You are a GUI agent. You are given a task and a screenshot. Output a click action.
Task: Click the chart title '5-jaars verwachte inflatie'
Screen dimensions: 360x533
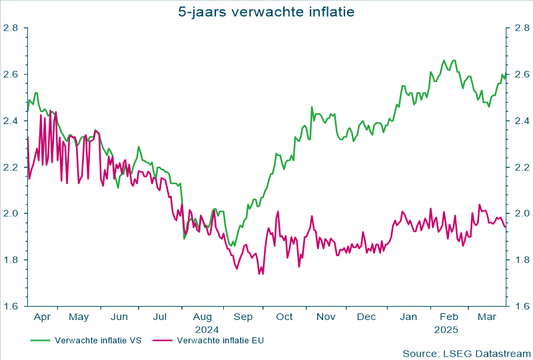pos(266,11)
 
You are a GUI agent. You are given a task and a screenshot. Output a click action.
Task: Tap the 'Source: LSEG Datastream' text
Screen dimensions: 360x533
pos(466,352)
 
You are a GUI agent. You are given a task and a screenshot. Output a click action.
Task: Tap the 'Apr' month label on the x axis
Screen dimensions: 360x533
pos(41,317)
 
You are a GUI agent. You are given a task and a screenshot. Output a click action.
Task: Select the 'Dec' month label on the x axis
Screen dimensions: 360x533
pos(366,317)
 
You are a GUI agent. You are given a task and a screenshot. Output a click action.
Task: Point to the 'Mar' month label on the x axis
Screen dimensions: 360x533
pos(488,317)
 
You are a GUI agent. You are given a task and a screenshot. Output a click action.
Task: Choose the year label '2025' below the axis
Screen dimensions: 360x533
pos(446,329)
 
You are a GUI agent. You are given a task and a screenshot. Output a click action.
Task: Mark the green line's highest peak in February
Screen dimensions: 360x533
pos(444,60)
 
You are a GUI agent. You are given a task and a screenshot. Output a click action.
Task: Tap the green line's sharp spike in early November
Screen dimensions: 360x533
pos(311,107)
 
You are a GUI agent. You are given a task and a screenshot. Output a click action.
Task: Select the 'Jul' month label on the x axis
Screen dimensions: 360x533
pos(160,317)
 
